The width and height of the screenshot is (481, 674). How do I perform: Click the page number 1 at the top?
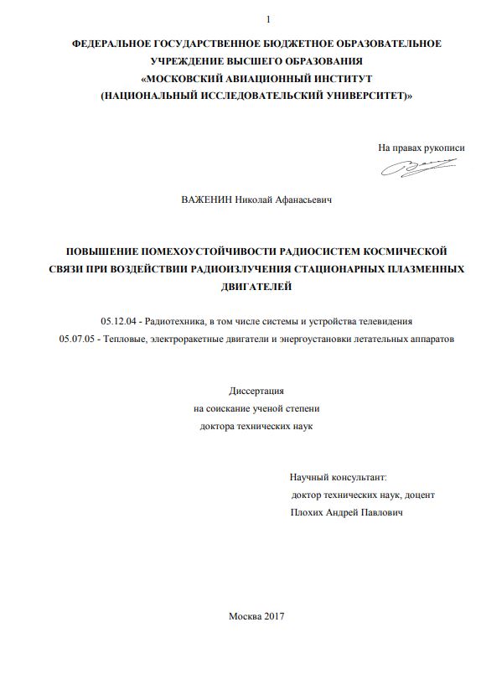[268, 19]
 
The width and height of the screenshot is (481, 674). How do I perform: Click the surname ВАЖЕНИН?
[206, 200]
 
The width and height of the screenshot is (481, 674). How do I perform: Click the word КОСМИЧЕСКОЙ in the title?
[399, 251]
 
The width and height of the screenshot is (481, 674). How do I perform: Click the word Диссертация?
[256, 391]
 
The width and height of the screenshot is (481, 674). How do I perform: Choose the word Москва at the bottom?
[245, 616]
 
